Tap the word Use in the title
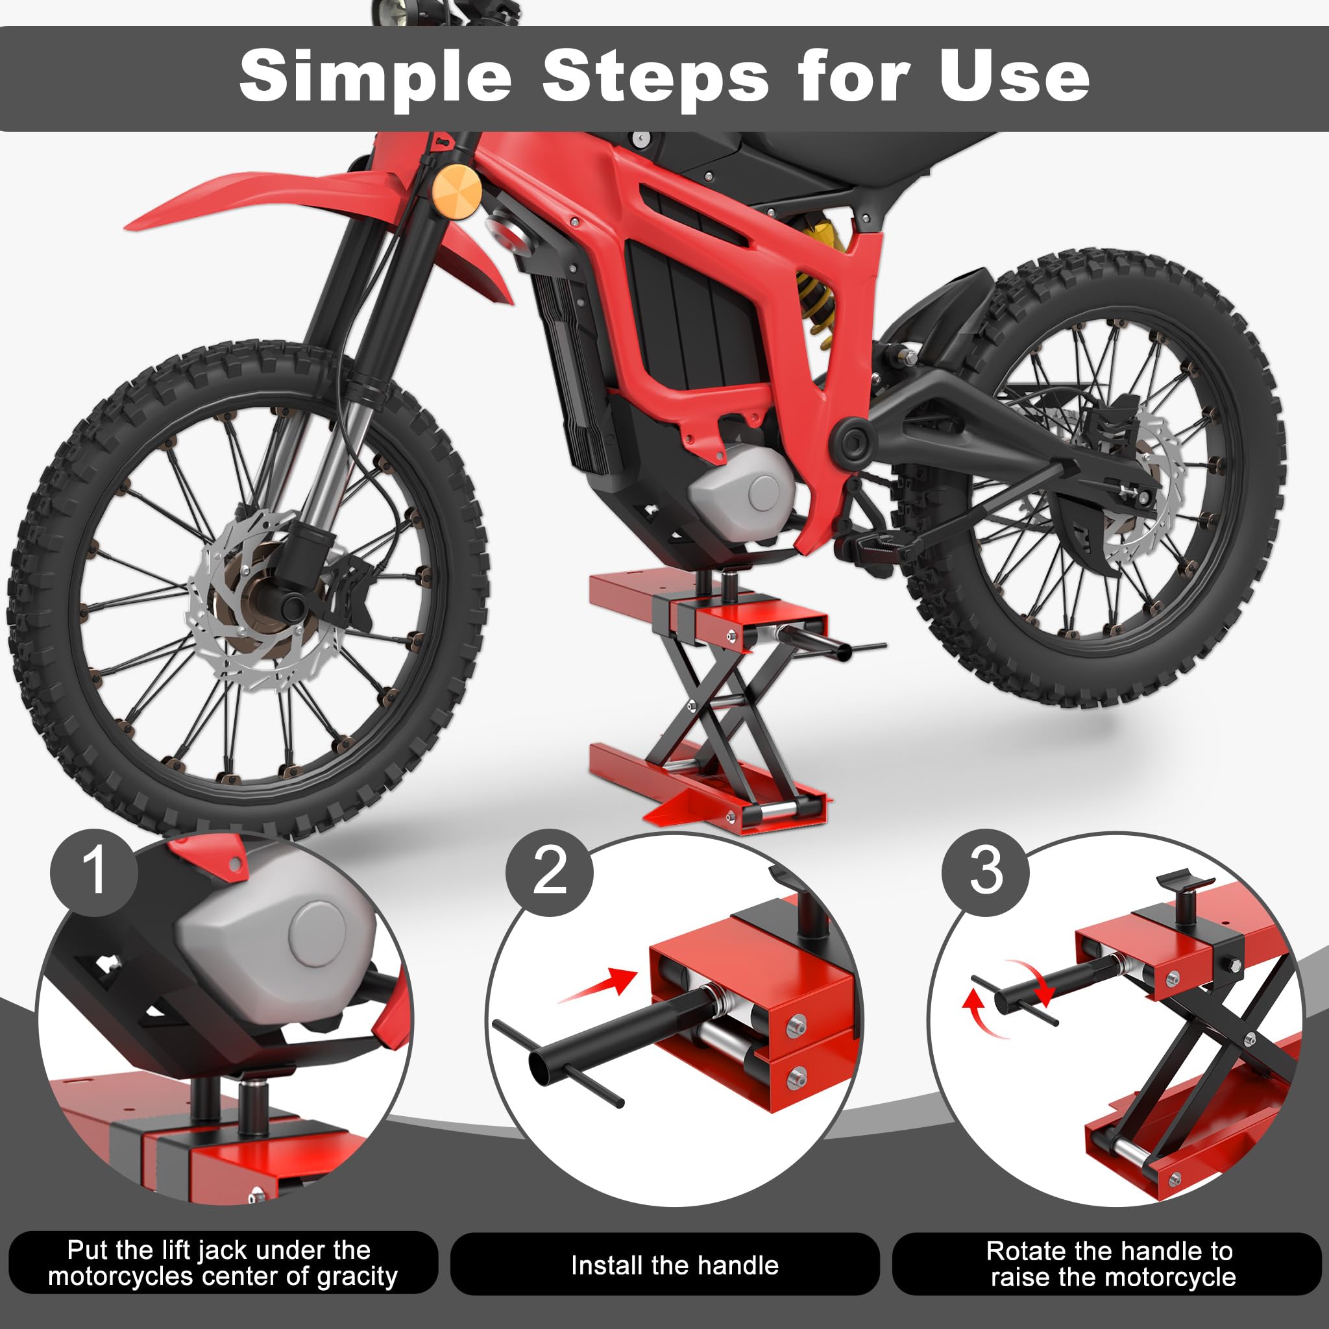pyautogui.click(x=1014, y=76)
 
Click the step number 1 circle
pyautogui.click(x=93, y=872)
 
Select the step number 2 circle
pyautogui.click(x=549, y=872)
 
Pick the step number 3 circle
pyautogui.click(x=985, y=872)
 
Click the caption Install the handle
pyautogui.click(x=674, y=1265)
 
